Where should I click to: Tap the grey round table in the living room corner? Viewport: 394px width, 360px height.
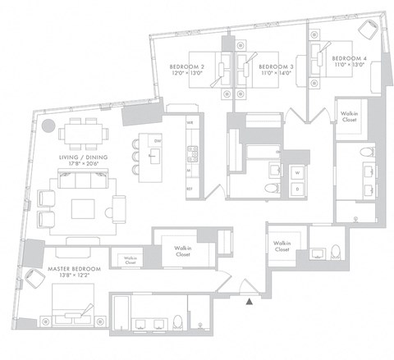(x=48, y=127)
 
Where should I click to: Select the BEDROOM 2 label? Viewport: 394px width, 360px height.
(x=186, y=66)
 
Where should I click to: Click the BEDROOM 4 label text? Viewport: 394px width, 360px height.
(x=349, y=59)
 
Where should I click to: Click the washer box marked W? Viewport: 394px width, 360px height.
(x=295, y=172)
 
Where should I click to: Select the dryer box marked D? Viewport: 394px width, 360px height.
(x=295, y=190)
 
